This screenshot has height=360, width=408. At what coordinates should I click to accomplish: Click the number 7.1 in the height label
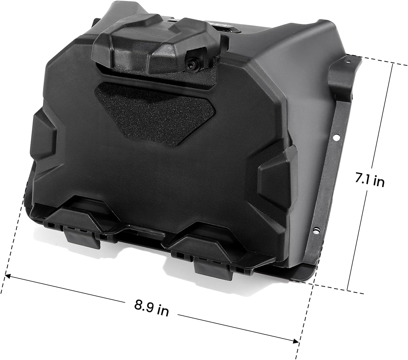pos(362,179)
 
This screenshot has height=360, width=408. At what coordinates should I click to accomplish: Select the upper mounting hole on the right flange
pos(336,137)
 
